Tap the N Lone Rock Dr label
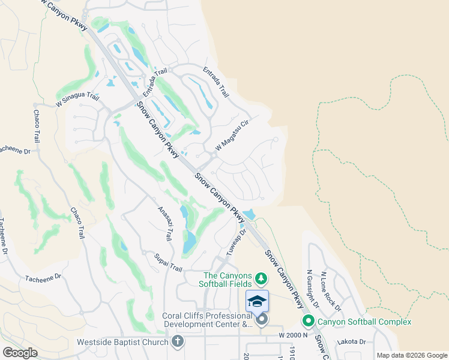[x=331, y=292]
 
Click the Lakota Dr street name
[x=352, y=341]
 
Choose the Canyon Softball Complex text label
[x=364, y=322]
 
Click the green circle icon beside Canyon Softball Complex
[x=310, y=322]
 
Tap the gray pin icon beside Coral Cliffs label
[x=262, y=320]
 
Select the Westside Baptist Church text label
[x=122, y=343]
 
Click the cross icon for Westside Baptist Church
[x=177, y=342]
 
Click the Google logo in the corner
[x=20, y=353]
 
